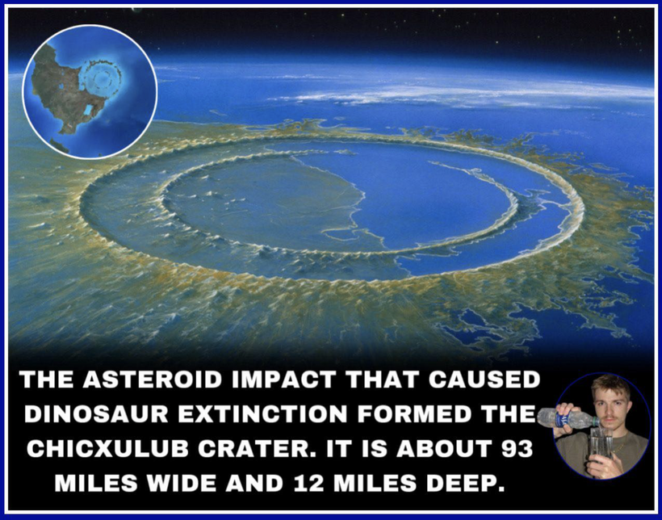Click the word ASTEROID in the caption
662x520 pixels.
152,380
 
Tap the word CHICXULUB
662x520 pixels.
107,449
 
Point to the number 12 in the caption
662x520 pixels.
309,483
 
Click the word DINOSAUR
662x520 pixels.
96,414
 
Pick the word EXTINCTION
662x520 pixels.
262,414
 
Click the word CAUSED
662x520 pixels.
484,380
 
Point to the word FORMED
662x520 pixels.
414,414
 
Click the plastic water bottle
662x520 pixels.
568,418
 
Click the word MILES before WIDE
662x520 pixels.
96,483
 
